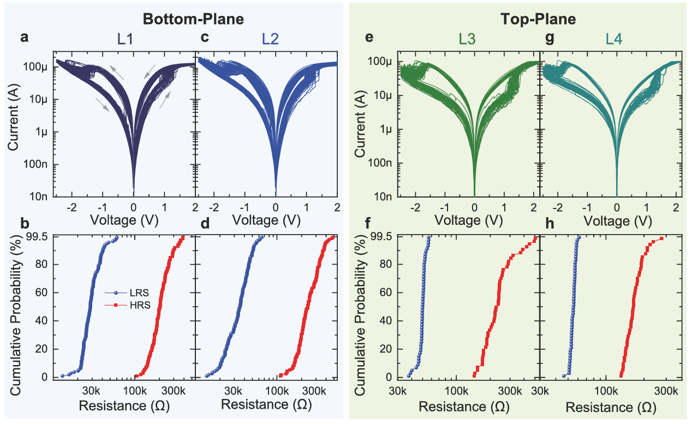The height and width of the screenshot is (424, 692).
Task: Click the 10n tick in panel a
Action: click(40, 196)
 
